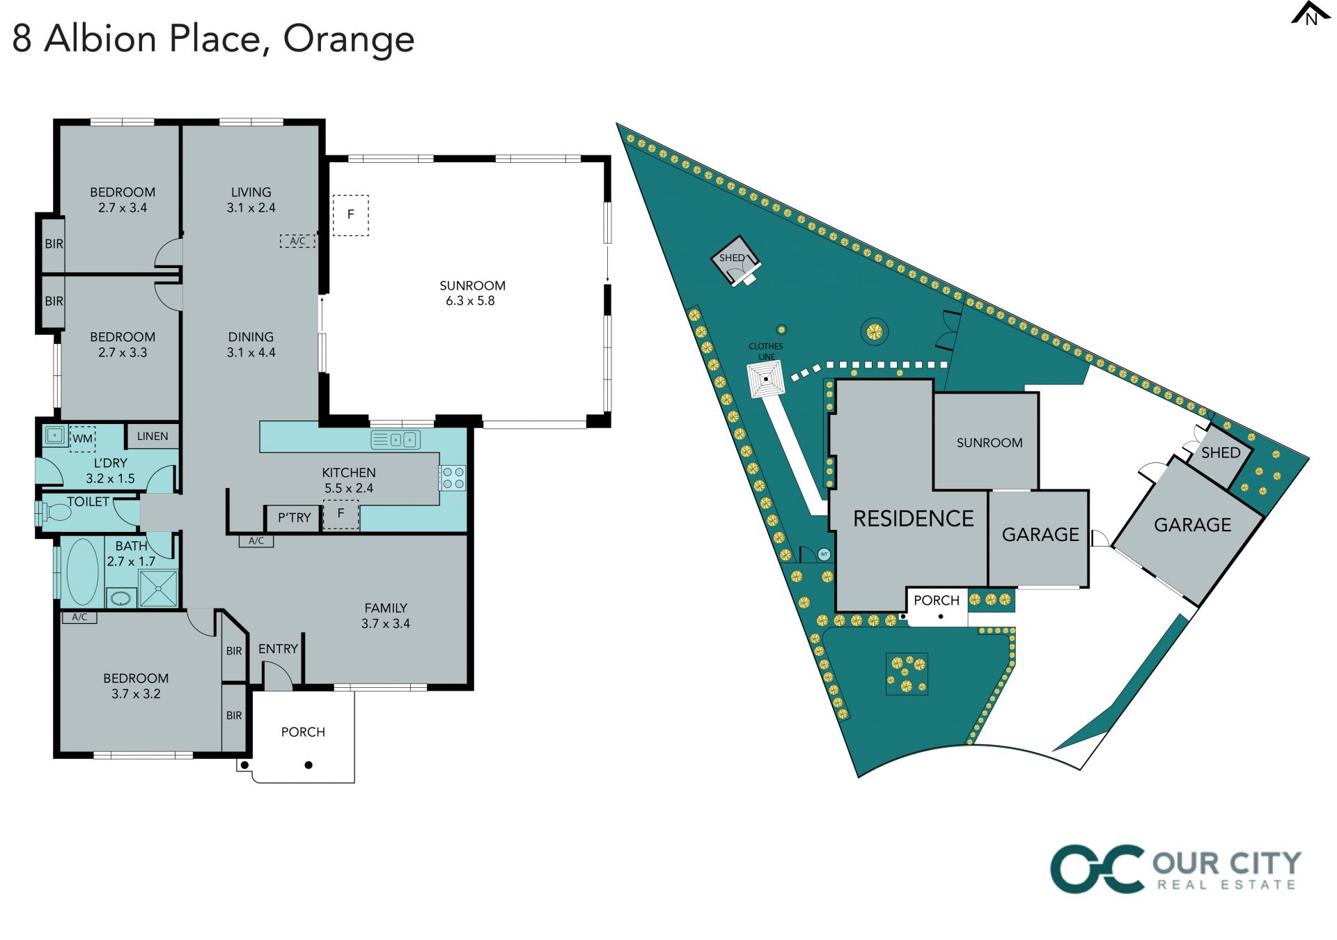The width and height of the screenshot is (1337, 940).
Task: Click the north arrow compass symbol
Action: tap(1310, 15)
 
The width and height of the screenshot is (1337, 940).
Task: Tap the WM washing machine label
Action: tap(82, 439)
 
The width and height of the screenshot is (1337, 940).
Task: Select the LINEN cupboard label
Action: tap(153, 437)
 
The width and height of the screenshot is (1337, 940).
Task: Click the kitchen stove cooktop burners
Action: tap(453, 478)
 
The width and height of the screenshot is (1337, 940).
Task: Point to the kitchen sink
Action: tap(396, 440)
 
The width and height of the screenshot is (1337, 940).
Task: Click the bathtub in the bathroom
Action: tap(82, 572)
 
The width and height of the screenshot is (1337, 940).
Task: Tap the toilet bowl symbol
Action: tap(56, 513)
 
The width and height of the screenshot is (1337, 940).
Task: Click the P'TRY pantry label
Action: tap(294, 518)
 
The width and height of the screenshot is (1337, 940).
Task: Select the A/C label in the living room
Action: tap(297, 241)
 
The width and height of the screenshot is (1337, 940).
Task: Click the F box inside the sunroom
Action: tap(350, 215)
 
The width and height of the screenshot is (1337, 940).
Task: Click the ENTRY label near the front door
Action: tap(278, 649)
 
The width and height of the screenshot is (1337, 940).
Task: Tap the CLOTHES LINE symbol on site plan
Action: tap(766, 380)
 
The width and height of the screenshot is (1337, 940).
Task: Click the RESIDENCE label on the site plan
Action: tap(913, 519)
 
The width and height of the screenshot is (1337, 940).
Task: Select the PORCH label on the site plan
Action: tap(936, 600)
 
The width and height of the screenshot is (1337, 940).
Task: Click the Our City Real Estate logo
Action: tap(1175, 868)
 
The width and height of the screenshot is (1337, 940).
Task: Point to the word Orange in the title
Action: tap(348, 39)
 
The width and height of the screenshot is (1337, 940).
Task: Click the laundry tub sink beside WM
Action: tap(54, 436)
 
